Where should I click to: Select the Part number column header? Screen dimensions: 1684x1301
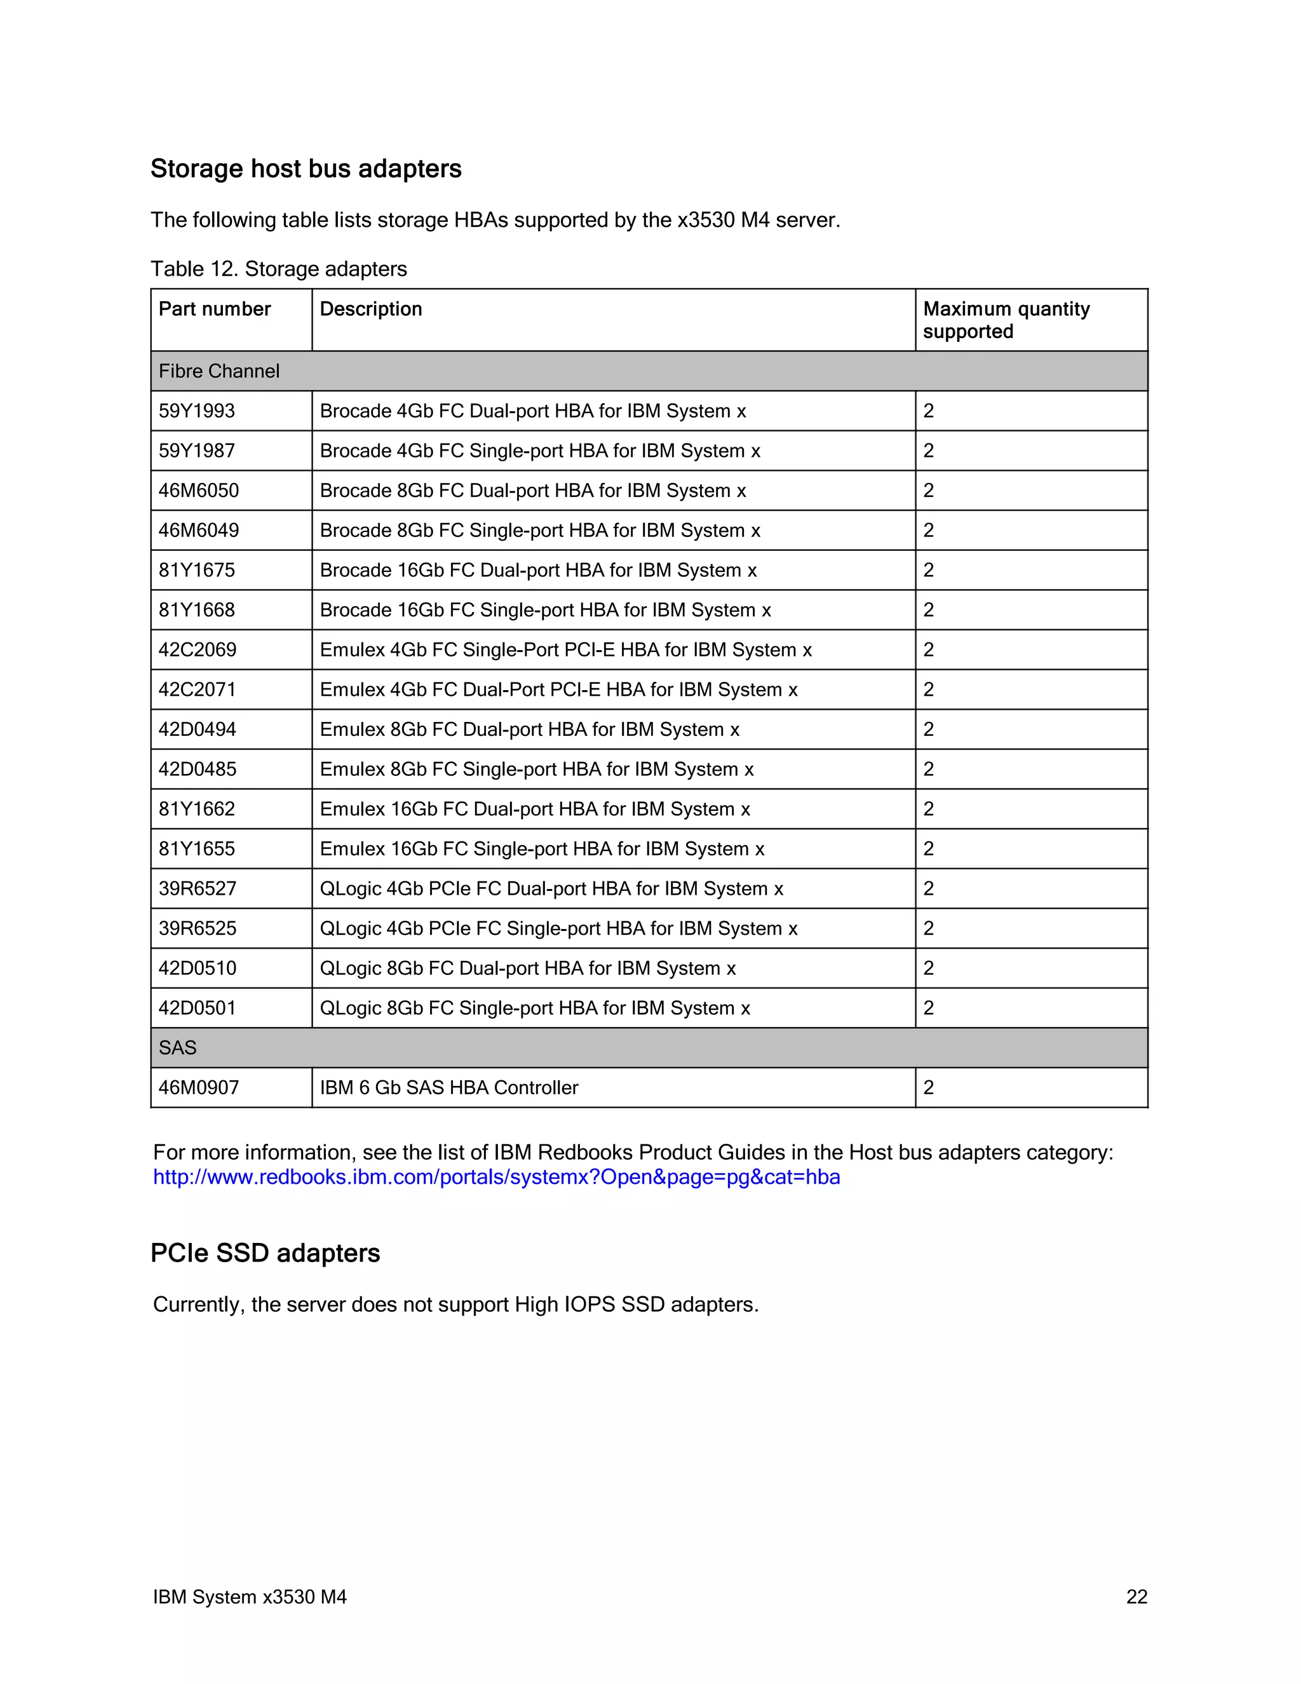tap(214, 309)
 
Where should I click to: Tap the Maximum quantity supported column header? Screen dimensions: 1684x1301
tap(1006, 320)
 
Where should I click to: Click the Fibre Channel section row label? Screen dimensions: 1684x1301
tap(219, 372)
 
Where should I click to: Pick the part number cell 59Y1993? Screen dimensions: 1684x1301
tap(196, 411)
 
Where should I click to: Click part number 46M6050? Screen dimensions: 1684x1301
tap(198, 491)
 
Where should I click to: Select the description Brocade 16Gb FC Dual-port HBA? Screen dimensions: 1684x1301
tap(538, 571)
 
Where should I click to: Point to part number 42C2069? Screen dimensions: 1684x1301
tap(198, 650)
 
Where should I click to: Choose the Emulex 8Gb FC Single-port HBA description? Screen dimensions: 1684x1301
tap(536, 770)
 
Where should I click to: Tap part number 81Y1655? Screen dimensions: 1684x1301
tap(196, 849)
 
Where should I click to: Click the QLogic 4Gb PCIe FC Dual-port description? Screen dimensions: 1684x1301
tap(551, 889)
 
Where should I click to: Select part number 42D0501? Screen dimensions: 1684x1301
tap(198, 1008)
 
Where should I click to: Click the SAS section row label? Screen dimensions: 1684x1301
tap(177, 1048)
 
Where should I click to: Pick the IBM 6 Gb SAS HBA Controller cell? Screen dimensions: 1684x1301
tap(448, 1088)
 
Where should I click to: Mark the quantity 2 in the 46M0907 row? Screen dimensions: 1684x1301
tap(928, 1088)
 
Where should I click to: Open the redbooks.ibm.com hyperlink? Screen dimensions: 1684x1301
tap(495, 1178)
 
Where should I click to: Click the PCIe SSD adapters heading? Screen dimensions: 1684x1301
tap(265, 1253)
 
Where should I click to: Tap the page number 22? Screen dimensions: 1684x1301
tap(1136, 1597)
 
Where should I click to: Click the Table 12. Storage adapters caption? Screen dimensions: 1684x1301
tap(278, 269)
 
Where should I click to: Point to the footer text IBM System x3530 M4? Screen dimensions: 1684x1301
tap(249, 1597)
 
